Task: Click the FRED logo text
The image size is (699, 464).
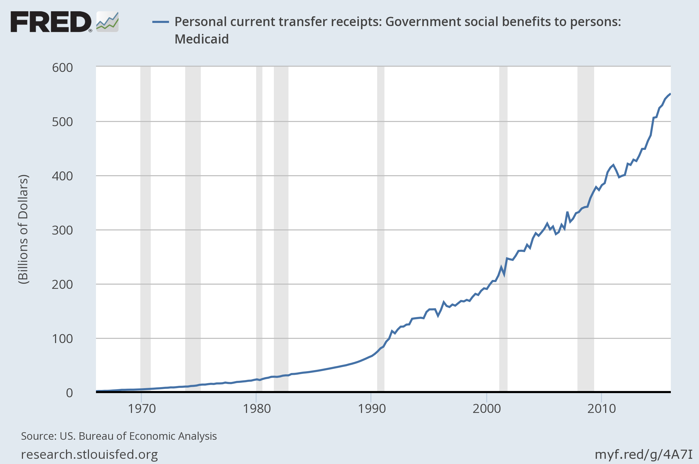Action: [x=51, y=22]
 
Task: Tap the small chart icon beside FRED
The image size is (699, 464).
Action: [x=107, y=22]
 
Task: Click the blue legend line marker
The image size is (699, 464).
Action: [x=160, y=22]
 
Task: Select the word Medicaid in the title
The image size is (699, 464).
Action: [x=202, y=39]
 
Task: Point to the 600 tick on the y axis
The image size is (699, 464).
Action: [x=63, y=68]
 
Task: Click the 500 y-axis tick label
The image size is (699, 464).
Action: [x=63, y=122]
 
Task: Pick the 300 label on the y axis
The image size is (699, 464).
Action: [x=63, y=230]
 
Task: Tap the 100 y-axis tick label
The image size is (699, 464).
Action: [x=63, y=339]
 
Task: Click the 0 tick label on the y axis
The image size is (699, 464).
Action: [x=69, y=393]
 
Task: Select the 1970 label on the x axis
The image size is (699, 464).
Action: [x=142, y=409]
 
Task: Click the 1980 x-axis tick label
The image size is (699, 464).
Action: [x=257, y=409]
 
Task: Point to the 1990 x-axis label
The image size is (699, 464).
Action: [x=372, y=409]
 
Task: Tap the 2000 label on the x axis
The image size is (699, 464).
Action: [x=487, y=409]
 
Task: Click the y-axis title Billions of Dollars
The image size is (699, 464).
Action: [x=23, y=230]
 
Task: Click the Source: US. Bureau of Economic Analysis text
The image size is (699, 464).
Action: [x=119, y=436]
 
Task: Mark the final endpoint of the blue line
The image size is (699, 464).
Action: [x=670, y=94]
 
